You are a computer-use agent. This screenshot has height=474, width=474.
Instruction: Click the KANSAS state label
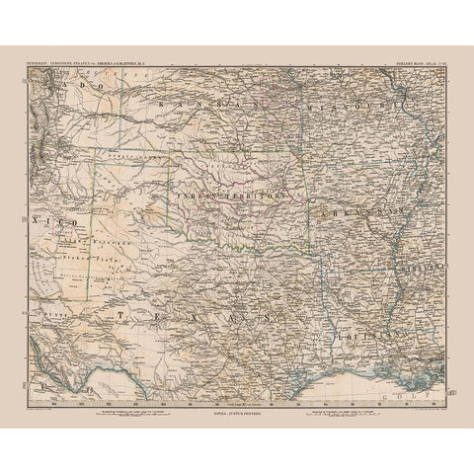coord(211,104)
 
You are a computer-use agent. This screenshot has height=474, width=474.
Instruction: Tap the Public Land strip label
coord(128,155)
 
